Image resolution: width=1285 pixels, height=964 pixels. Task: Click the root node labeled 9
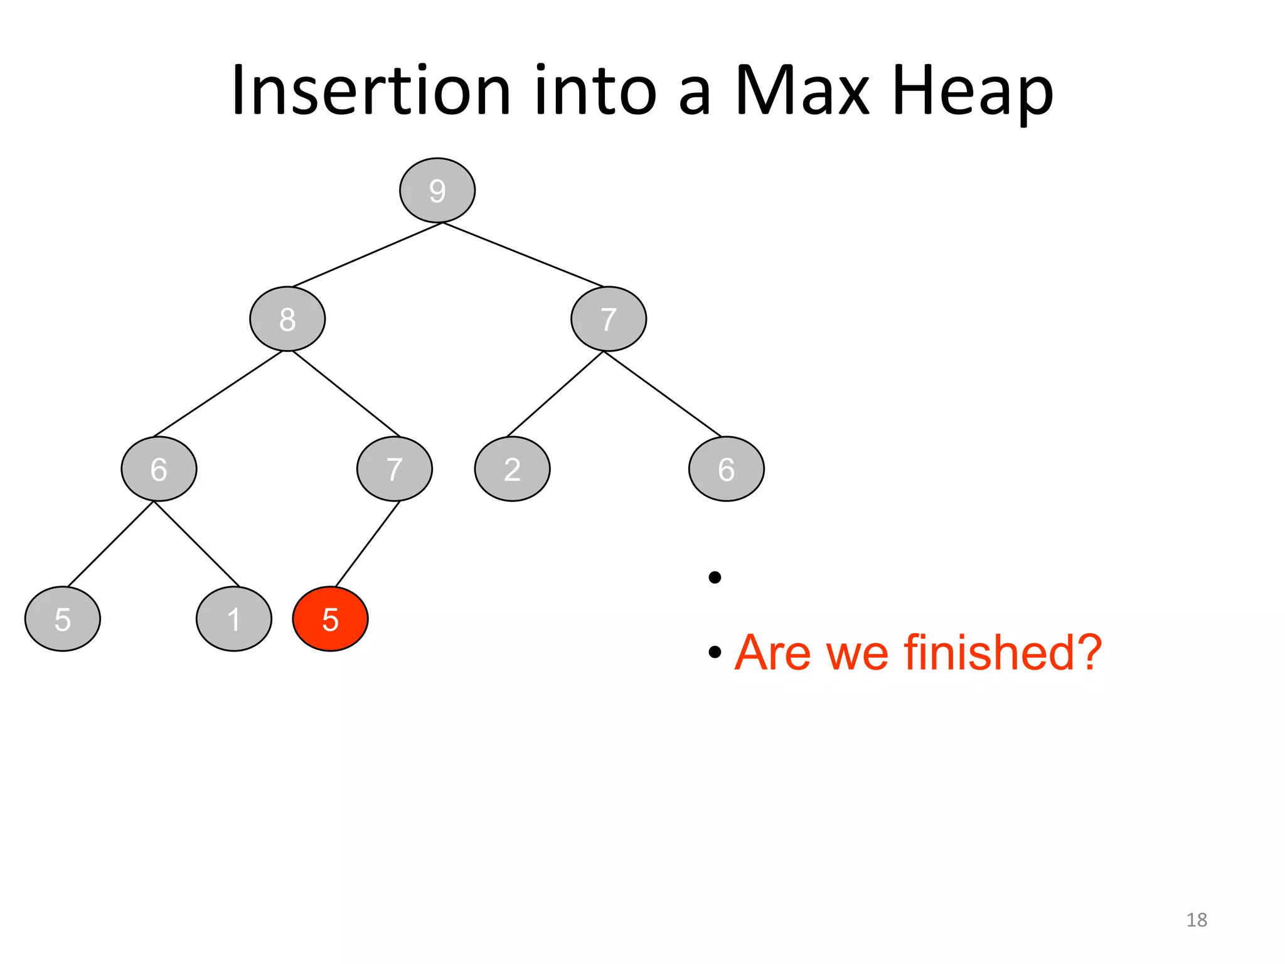437,190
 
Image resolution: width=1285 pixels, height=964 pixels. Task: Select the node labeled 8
287,319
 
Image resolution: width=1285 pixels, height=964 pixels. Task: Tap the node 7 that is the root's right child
608,319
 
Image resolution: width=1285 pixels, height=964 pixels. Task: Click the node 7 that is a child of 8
394,469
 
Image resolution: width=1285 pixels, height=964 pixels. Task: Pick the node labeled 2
512,469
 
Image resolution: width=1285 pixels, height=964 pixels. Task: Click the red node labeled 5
330,619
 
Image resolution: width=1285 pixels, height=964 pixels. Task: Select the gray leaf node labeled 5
62,619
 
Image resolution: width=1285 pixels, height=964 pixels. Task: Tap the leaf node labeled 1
233,619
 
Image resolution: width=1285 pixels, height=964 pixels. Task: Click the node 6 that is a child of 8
159,469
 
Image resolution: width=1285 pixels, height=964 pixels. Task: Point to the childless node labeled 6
726,469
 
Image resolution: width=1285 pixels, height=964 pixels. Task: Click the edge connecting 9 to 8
367,255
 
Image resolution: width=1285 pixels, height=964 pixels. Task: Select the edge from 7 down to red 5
368,544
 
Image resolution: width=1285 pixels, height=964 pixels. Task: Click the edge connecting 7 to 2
555,394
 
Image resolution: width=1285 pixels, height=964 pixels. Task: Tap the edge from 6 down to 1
196,544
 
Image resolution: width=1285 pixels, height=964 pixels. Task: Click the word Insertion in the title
371,91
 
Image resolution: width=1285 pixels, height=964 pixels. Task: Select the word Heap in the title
972,91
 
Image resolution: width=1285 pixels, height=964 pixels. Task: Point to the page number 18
1197,920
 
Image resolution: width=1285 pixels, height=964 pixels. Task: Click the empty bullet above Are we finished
715,577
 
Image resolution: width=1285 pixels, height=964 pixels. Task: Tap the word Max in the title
802,91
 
